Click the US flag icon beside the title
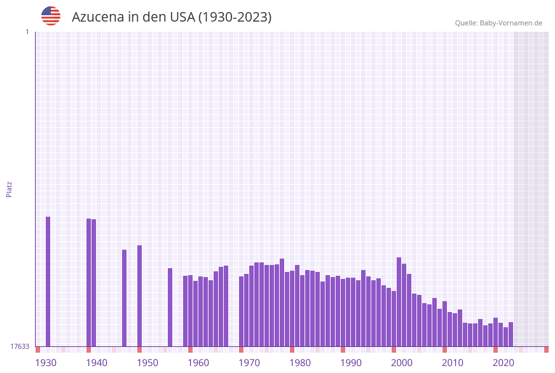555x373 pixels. click(x=51, y=16)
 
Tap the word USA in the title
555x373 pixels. click(x=182, y=17)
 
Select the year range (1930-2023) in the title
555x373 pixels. click(x=235, y=17)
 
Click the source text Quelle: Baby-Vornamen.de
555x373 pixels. click(x=498, y=23)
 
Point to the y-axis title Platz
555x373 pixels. click(x=10, y=189)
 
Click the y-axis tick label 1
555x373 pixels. click(x=27, y=32)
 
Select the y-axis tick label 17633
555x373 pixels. click(x=20, y=346)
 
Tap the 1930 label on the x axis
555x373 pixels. click(x=46, y=363)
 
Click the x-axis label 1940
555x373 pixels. click(x=97, y=363)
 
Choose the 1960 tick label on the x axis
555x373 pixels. click(x=198, y=363)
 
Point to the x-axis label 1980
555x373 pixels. click(x=300, y=363)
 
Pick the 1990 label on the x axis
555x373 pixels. click(x=351, y=363)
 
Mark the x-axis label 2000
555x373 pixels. click(x=402, y=363)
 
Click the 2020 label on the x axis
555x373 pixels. click(x=504, y=363)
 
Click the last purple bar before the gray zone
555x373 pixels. click(x=510, y=334)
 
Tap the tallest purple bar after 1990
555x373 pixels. click(x=399, y=302)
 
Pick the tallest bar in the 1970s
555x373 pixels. click(x=282, y=302)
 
